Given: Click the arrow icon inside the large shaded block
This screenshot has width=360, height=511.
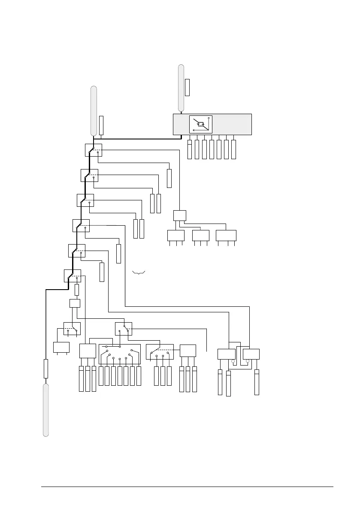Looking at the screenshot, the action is [x=201, y=124].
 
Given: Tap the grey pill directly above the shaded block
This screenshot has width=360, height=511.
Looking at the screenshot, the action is [x=182, y=88].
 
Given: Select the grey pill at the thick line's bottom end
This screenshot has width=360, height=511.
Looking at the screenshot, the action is [x=45, y=410].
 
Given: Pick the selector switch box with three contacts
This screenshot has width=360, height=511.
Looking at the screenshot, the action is [x=160, y=352].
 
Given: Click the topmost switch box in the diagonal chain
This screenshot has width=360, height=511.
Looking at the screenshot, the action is [x=93, y=150].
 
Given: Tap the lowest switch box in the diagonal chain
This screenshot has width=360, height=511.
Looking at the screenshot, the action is [x=72, y=275].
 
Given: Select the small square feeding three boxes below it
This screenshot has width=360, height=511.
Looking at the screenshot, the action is [x=180, y=215].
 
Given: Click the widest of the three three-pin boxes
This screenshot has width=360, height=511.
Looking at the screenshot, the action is [x=226, y=236].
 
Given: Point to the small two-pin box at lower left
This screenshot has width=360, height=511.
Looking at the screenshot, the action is [x=61, y=347].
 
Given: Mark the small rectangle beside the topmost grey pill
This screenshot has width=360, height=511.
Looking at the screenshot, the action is [x=187, y=87].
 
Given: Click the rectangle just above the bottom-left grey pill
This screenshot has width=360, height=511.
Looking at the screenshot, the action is [x=46, y=369].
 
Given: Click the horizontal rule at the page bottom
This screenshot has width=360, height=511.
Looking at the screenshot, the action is [x=187, y=487].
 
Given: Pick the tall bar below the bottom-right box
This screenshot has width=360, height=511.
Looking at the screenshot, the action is [x=257, y=382].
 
